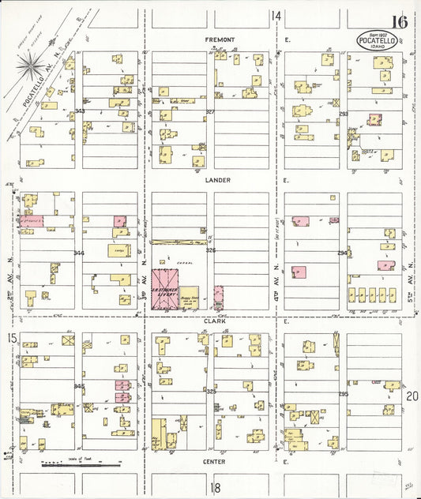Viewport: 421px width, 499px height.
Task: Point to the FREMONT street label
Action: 220,39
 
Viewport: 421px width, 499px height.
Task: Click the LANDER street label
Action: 217,180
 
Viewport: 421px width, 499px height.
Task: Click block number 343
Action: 79,112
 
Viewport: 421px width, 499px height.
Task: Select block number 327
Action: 210,112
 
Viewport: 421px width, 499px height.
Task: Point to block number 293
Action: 343,114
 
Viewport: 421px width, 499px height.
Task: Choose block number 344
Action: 78,253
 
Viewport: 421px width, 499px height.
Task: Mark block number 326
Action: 210,250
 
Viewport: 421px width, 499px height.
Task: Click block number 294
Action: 343,253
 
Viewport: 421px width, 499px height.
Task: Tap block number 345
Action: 78,386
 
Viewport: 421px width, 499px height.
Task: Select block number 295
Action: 343,393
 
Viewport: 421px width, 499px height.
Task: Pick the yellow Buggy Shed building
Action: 189,296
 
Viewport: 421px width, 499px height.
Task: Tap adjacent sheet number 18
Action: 216,488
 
